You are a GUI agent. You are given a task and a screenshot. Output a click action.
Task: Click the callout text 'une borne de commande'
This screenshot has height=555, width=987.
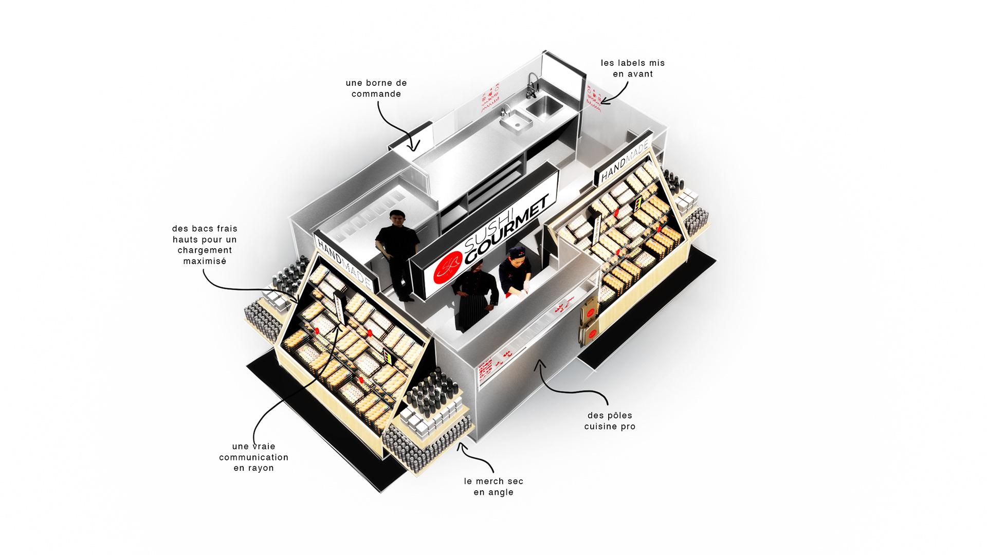(x=376, y=88)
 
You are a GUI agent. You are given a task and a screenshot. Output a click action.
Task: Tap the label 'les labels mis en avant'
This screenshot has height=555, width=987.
(x=633, y=68)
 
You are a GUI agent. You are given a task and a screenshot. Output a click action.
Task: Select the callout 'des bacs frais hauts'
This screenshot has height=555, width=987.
(x=205, y=245)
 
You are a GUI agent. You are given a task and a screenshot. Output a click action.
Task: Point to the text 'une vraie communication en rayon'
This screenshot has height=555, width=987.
(x=253, y=457)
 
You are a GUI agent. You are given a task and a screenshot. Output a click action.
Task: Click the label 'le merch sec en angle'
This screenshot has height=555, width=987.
(x=493, y=487)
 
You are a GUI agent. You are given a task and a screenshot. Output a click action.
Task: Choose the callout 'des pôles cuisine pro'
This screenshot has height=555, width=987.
(x=610, y=421)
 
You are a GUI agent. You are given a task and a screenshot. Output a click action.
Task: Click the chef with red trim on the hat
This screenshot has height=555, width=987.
(x=516, y=272)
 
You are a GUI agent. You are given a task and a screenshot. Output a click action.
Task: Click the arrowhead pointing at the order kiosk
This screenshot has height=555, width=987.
(x=414, y=146)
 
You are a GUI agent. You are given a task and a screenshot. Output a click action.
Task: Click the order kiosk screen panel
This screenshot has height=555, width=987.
(x=410, y=137)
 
